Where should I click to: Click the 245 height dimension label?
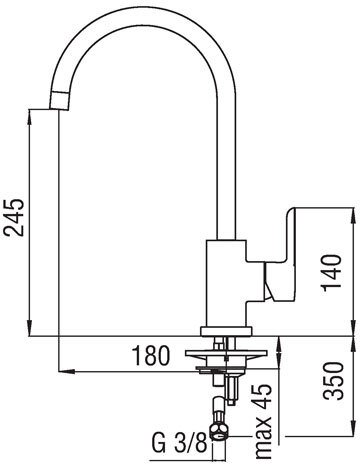(x=14, y=217)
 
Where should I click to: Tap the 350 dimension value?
(x=334, y=381)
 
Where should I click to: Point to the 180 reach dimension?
(x=150, y=355)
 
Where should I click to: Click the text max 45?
(x=262, y=423)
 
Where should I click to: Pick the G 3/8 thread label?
(x=180, y=443)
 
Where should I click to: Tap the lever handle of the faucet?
(x=280, y=254)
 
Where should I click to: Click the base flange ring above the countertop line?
(x=226, y=331)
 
